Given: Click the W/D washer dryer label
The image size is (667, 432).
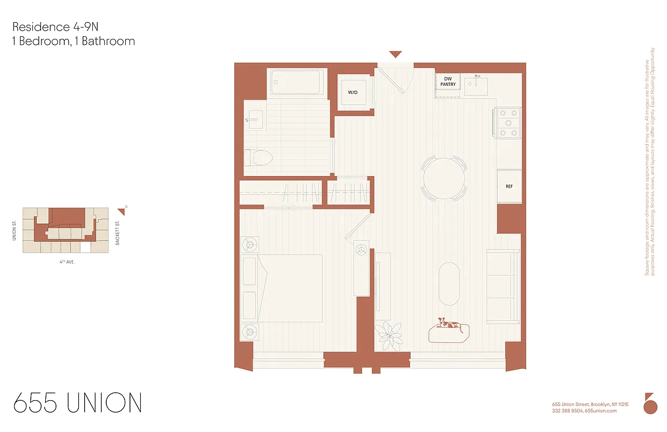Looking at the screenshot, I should click(x=352, y=92).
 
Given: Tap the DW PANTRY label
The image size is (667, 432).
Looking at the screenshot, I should click(x=447, y=82).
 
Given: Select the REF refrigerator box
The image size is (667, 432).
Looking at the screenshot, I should click(x=508, y=186).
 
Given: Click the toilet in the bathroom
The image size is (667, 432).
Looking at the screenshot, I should click(x=258, y=158).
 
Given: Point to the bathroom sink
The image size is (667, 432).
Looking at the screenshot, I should click(x=254, y=120).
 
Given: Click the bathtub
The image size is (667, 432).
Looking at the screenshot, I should click(x=297, y=82).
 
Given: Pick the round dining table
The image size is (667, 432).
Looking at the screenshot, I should click(x=444, y=178).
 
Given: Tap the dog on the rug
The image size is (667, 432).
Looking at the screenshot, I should click(x=449, y=325).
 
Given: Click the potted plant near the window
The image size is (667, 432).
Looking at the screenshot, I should click(x=389, y=335).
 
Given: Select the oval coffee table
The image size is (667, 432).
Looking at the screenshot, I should click(x=448, y=283).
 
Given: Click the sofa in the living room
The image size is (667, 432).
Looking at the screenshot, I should click(x=502, y=287).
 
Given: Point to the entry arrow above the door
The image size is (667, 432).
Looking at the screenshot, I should click(x=396, y=54).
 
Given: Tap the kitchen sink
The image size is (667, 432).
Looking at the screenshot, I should click(x=477, y=85).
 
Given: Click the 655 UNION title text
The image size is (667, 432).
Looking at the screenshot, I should click(x=78, y=403).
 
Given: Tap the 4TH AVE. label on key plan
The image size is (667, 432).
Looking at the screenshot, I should click(x=67, y=261).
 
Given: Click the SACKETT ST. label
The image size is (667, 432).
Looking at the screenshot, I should click(x=117, y=233).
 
